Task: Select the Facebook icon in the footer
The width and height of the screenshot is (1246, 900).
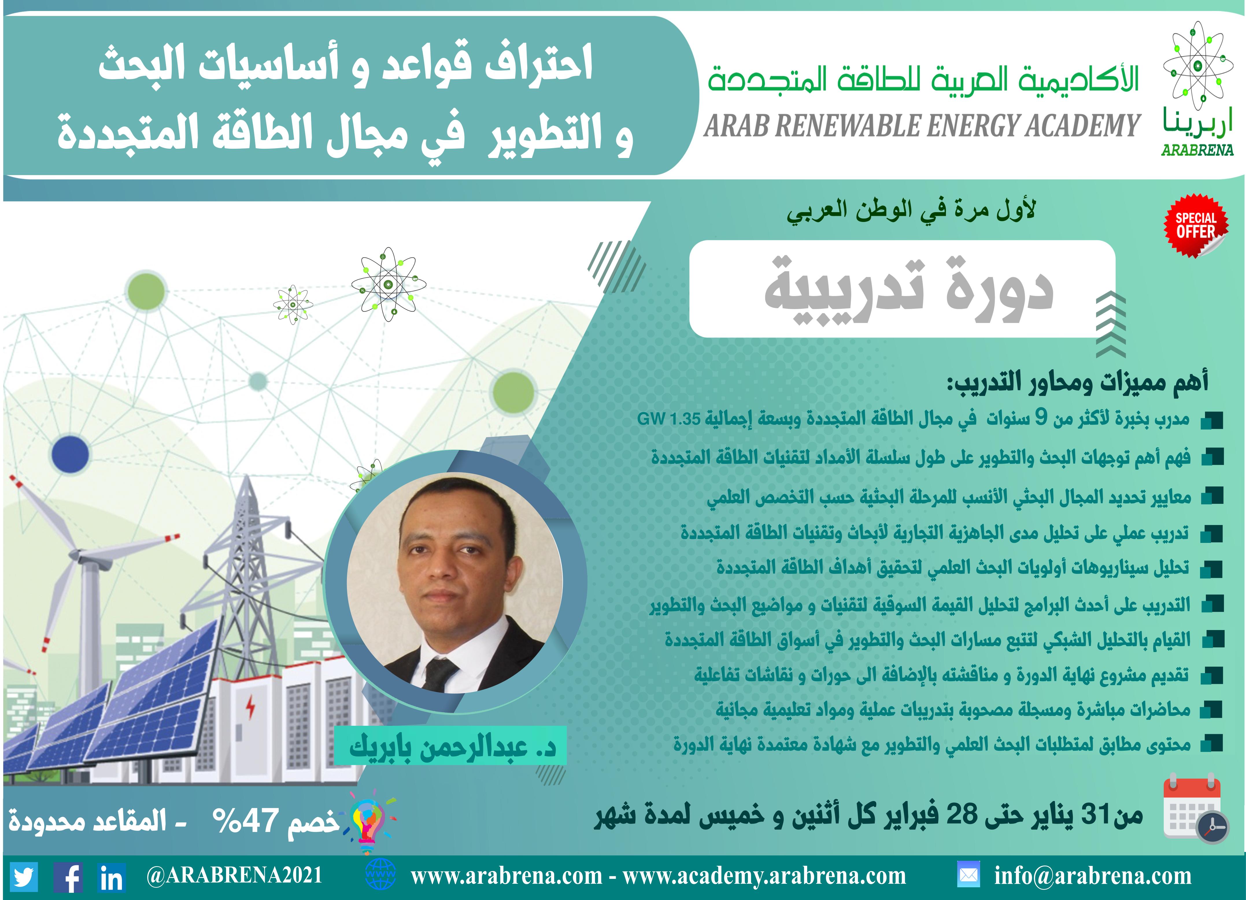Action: pyautogui.click(x=68, y=876)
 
